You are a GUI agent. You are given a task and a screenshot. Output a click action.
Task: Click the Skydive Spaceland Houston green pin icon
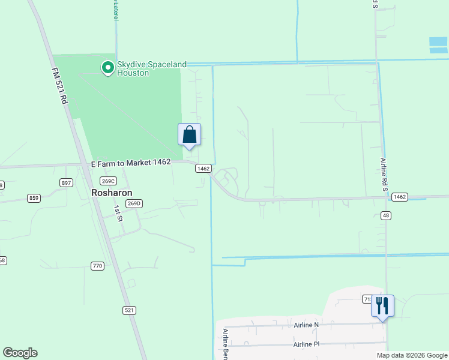tap(108, 68)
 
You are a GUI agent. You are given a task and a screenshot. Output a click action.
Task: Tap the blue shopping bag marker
tap(189, 134)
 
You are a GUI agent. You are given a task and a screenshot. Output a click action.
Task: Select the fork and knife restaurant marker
tap(382, 306)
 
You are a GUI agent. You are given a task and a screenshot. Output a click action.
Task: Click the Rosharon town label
tap(112, 193)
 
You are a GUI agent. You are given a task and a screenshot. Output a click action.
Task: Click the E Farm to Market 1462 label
tap(131, 162)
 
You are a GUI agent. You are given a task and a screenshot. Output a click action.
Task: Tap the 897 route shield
tap(67, 182)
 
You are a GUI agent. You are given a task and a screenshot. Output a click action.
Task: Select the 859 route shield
tap(34, 197)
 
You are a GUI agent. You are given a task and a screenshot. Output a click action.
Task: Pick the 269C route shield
tap(108, 181)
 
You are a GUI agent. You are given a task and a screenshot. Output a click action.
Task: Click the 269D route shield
tap(133, 203)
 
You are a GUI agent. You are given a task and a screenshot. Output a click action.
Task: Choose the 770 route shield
tap(98, 266)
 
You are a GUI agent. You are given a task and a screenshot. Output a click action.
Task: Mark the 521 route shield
tap(129, 310)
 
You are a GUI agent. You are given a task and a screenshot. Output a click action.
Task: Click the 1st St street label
tap(118, 213)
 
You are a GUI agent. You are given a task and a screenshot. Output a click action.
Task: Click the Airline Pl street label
tap(307, 344)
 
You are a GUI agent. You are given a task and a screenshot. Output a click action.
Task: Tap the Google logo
tap(20, 353)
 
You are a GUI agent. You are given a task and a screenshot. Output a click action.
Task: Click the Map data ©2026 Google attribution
tap(412, 355)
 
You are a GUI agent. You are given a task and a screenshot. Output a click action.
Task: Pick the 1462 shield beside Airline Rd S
tap(400, 197)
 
